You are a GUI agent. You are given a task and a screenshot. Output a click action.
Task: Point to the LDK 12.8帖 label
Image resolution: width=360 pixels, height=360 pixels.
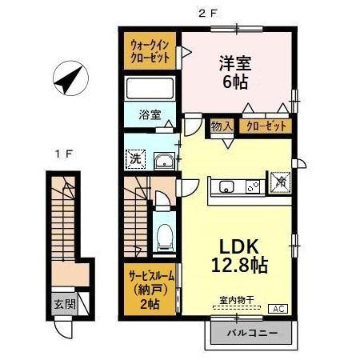click(238, 254)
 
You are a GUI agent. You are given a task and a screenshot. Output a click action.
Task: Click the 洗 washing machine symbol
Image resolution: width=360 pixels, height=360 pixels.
click(136, 158)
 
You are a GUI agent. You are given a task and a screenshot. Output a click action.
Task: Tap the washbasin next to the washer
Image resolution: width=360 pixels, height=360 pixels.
click(164, 160)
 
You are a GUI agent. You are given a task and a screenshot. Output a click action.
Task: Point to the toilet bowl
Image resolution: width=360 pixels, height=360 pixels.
click(166, 234)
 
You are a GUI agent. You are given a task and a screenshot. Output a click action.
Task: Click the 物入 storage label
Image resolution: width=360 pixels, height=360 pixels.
click(222, 126)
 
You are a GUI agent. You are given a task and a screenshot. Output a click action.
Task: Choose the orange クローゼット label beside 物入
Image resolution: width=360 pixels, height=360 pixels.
click(263, 126)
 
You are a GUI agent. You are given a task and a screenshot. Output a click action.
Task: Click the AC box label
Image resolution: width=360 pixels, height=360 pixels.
click(281, 308)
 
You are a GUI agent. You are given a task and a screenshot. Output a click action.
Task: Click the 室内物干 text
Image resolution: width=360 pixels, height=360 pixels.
click(236, 301)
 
